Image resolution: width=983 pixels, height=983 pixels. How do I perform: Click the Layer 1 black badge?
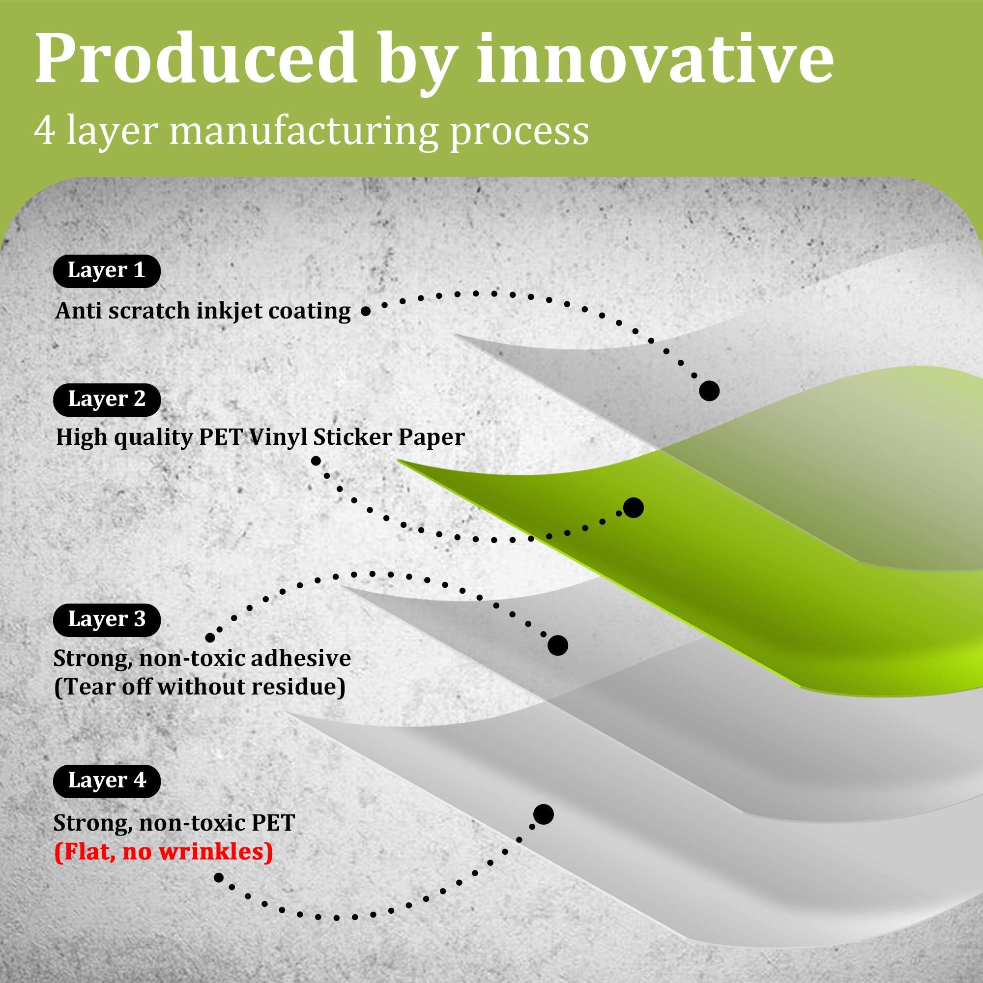(x=107, y=271)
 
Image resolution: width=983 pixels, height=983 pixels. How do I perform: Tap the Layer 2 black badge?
(x=107, y=400)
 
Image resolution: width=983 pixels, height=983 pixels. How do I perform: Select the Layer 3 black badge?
(x=107, y=619)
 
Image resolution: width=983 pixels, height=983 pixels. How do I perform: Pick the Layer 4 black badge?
(x=107, y=781)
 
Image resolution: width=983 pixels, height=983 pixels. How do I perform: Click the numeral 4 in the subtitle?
(x=45, y=132)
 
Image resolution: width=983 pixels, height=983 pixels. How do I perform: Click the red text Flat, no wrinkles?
(x=163, y=852)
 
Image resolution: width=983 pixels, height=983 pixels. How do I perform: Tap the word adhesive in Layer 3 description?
(x=301, y=659)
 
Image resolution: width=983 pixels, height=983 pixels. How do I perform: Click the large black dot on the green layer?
(x=634, y=508)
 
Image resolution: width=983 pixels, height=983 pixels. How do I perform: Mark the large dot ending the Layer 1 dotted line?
(x=709, y=391)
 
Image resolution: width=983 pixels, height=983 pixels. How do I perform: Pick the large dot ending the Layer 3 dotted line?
(x=558, y=646)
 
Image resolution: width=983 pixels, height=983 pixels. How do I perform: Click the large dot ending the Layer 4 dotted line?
(x=544, y=814)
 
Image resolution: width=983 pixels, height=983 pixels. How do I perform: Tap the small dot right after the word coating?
(x=365, y=312)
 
